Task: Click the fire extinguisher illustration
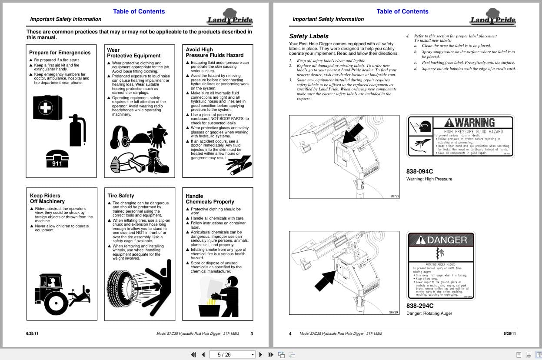78,130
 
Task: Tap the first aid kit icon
47,107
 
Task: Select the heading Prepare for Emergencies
60,53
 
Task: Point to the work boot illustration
158,161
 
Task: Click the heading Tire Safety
121,196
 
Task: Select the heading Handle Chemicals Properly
210,199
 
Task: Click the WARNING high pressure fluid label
460,136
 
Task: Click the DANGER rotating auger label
441,265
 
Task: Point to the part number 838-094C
419,171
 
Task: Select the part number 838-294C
419,306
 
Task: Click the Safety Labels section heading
309,36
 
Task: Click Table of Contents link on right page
402,11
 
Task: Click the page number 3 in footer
252,334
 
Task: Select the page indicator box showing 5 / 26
233,354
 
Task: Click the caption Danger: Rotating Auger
429,313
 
